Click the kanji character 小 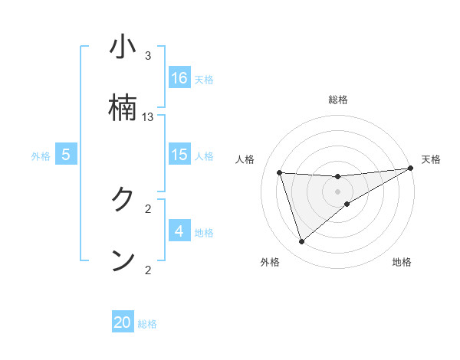coord(123,47)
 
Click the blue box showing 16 coord(179,78)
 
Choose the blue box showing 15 coord(179,155)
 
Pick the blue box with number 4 coord(179,231)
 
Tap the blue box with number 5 coord(66,155)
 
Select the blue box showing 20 coord(123,322)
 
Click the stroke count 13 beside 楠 coord(148,117)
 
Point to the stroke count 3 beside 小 coord(148,56)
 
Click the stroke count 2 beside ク coord(148,208)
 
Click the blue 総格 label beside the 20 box coord(147,324)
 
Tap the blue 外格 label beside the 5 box coord(41,156)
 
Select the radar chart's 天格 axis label coord(431,159)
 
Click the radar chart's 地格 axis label coord(402,263)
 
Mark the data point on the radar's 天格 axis coord(410,169)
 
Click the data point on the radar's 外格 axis coord(301,242)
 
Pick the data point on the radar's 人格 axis coord(280,172)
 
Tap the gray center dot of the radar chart coord(338,191)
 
